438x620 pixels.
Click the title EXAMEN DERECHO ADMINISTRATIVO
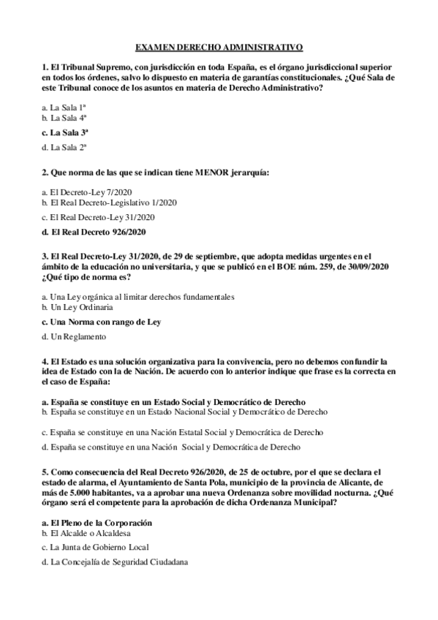tap(219, 47)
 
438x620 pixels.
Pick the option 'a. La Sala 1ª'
tap(64, 107)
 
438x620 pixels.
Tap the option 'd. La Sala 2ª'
tap(64, 148)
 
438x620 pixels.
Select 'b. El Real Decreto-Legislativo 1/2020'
tap(109, 202)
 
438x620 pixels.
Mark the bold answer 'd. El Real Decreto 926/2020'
tap(94, 232)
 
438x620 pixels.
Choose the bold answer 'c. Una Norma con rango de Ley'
tap(101, 322)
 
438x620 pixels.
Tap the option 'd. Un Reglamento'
tap(74, 337)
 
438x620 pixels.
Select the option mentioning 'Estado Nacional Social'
tap(184, 412)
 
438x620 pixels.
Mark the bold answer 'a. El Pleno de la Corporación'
tap(97, 523)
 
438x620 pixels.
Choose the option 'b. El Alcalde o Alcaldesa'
tap(86, 533)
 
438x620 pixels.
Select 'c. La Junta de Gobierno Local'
tap(96, 547)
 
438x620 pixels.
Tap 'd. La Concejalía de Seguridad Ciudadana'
tap(115, 562)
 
